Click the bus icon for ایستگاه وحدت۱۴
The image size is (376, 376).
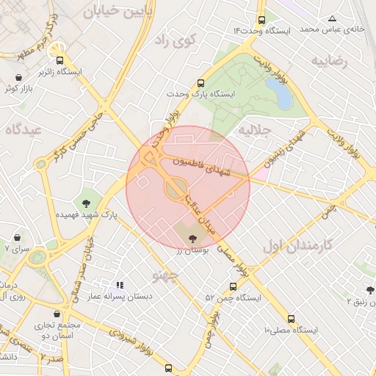262,21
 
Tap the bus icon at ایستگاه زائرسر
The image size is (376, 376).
60,62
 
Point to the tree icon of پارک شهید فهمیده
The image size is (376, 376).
87,203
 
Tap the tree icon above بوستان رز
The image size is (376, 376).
192,238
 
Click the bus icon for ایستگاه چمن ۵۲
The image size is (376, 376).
233,287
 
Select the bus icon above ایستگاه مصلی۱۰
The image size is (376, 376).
292,319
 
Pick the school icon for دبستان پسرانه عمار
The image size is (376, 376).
119,285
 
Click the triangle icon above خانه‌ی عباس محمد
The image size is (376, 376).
332,18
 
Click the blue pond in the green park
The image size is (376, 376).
278,93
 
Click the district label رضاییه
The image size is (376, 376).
328,61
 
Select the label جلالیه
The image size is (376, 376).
255,130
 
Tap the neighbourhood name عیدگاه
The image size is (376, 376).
23,129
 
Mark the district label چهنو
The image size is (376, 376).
166,275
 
